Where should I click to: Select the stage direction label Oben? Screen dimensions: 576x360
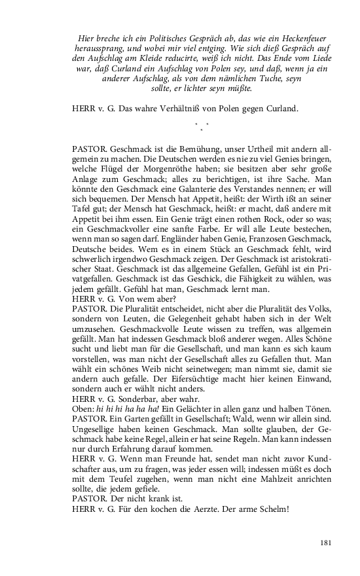click(83, 409)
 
